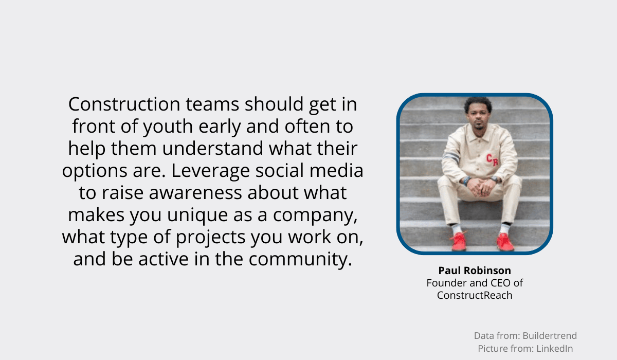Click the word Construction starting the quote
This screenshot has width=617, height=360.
pyautogui.click(x=124, y=104)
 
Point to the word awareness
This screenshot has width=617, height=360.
pyautogui.click(x=195, y=193)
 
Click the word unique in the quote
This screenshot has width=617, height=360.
pyautogui.click(x=197, y=215)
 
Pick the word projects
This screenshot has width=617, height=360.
pyautogui.click(x=210, y=238)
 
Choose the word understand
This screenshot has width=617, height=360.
pyautogui.click(x=212, y=149)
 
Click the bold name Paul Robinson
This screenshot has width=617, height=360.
pyautogui.click(x=475, y=271)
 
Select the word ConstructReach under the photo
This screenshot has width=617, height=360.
pyautogui.click(x=475, y=295)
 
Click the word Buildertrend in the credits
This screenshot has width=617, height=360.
pyautogui.click(x=550, y=336)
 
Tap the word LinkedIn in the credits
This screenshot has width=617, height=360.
pyautogui.click(x=554, y=349)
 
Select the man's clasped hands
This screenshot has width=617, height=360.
pyautogui.click(x=481, y=187)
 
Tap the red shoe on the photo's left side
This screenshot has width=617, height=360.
pyautogui.click(x=458, y=241)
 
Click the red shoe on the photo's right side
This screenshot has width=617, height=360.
pyautogui.click(x=505, y=242)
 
